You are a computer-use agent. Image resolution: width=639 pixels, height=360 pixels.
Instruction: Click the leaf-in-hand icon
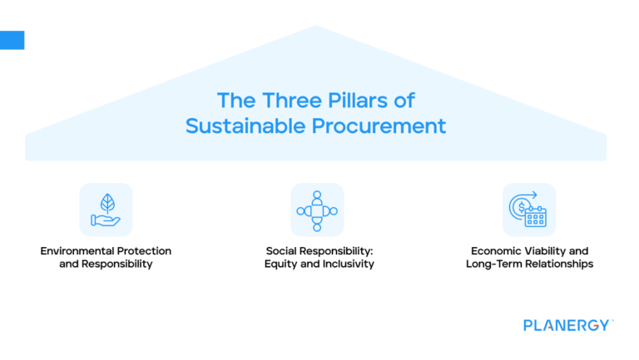coord(106,210)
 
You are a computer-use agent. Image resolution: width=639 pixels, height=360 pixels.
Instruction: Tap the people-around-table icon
coord(317,210)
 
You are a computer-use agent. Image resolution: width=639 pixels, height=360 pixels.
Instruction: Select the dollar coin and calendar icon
coord(529,210)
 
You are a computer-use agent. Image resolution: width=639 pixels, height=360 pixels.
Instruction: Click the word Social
coord(284,250)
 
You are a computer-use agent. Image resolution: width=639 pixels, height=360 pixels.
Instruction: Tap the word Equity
coord(282,264)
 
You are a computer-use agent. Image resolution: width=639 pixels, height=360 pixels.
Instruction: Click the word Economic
coord(497,250)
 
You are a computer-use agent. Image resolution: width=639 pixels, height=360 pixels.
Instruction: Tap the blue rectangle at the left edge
coord(12,40)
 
